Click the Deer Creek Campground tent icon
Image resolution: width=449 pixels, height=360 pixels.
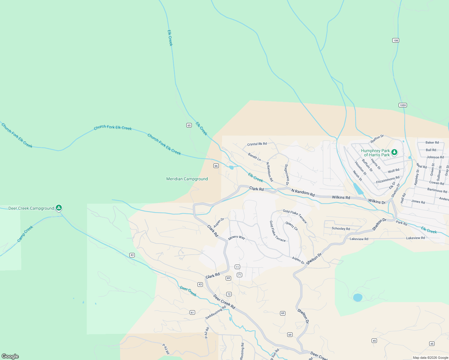59,208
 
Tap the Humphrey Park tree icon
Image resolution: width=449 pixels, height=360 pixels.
394,152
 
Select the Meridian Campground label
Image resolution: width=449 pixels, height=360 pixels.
187,179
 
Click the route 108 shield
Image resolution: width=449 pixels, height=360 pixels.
396,40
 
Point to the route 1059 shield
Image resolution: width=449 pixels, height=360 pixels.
402,105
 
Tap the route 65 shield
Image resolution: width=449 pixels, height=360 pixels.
189,125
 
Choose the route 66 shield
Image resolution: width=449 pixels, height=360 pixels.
216,166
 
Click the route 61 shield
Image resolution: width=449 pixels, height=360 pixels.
192,313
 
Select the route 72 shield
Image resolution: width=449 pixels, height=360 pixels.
229,294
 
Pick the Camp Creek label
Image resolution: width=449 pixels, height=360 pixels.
25,234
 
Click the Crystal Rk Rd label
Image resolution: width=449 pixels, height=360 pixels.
257,144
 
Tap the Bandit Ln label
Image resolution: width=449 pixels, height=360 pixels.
255,157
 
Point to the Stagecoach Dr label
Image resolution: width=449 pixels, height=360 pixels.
287,175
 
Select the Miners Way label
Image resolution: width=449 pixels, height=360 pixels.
237,237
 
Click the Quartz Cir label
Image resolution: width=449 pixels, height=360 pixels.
292,226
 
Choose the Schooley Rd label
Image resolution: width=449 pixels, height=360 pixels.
341,229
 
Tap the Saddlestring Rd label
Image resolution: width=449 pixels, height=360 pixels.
215,313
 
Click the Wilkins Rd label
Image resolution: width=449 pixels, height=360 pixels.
341,197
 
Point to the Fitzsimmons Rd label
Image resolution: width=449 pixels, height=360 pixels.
388,180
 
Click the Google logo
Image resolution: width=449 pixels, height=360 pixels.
10,356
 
